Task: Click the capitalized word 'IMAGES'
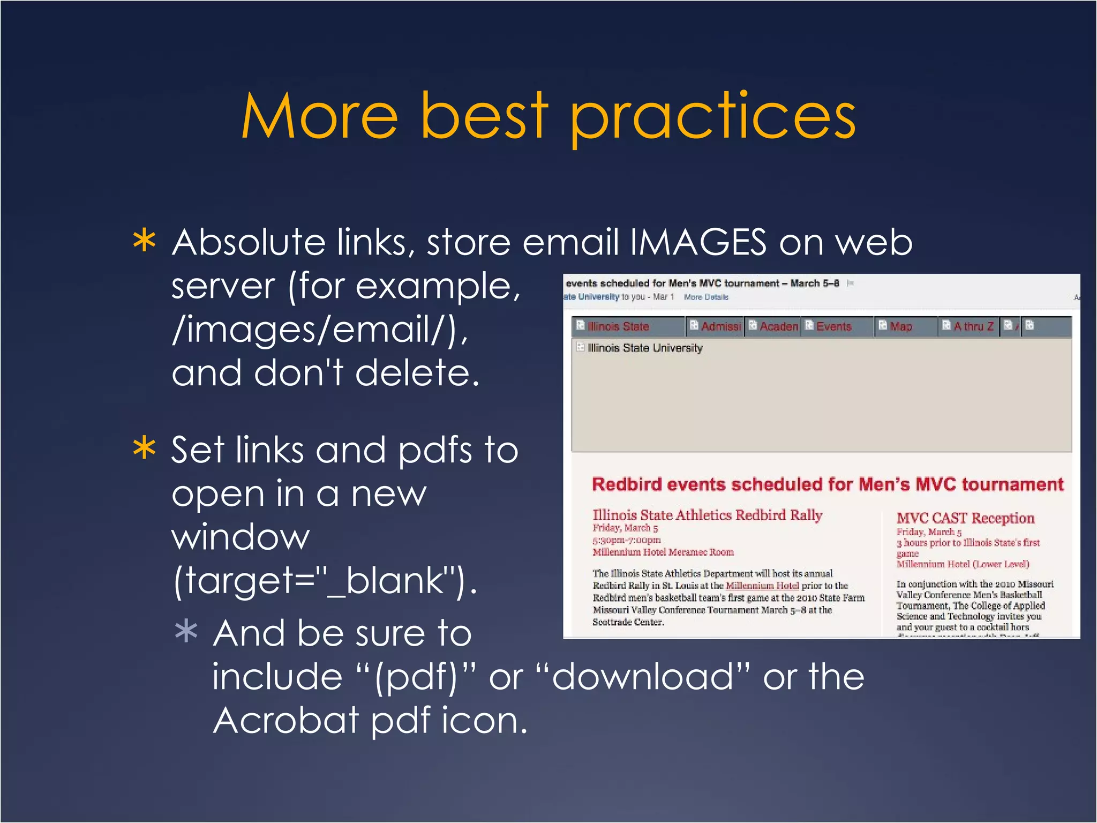[x=698, y=242]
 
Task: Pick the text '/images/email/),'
[x=320, y=329]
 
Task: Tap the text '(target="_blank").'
[x=325, y=580]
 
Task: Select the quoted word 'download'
[x=643, y=676]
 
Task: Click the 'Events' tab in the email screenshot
[x=833, y=326]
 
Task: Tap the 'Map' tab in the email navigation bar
[x=900, y=326]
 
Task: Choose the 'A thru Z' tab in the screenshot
[x=973, y=326]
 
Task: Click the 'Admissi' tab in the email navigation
[x=720, y=326]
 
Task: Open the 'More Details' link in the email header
[x=705, y=297]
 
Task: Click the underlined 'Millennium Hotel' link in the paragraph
[x=762, y=586]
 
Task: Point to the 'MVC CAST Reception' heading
[x=965, y=518]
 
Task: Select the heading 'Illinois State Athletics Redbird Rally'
[x=707, y=515]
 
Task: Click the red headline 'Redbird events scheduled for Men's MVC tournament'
[x=827, y=484]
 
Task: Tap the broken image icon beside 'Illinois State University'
[x=580, y=347]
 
